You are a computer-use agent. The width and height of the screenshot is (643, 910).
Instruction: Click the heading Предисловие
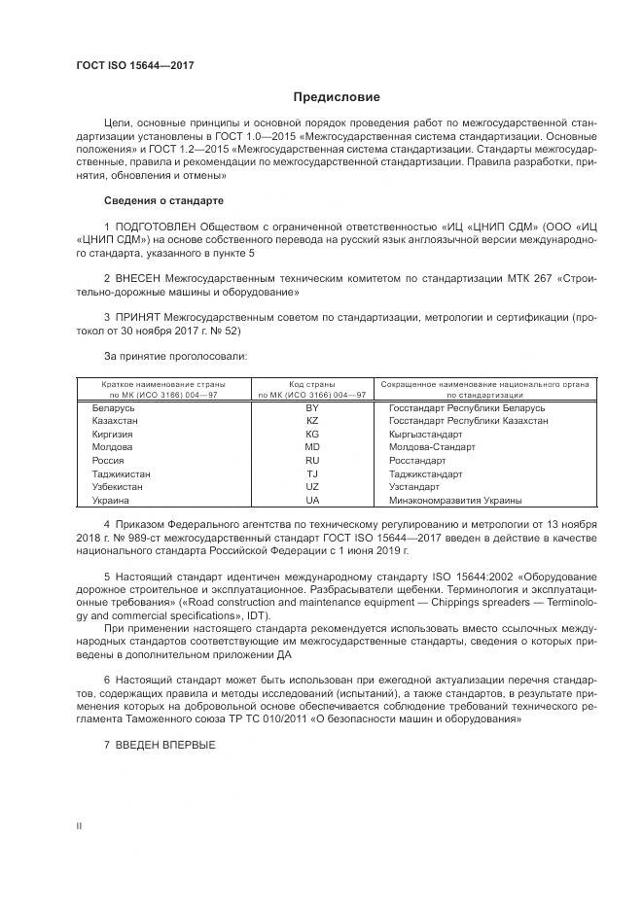(x=337, y=97)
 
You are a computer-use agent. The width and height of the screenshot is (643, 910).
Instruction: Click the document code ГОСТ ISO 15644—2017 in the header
(x=134, y=65)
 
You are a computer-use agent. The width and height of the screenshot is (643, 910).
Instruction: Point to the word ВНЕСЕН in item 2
(x=143, y=277)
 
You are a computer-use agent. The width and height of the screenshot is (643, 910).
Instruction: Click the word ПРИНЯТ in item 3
(x=142, y=317)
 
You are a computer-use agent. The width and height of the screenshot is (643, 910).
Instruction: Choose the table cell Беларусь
(x=113, y=408)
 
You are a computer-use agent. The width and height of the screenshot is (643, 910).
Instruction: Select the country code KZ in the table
(x=312, y=421)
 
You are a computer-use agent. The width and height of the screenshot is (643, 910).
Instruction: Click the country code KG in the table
(x=312, y=434)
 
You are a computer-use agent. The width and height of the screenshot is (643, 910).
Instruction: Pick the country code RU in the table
(x=312, y=460)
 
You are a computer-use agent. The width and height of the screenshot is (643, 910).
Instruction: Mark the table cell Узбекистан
(x=120, y=486)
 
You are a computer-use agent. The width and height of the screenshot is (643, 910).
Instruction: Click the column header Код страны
(x=312, y=383)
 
